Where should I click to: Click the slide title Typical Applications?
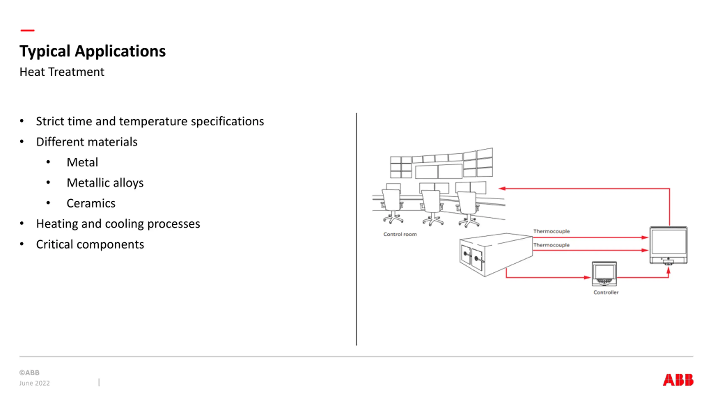pyautogui.click(x=92, y=51)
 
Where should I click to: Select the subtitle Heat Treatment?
pyautogui.click(x=62, y=72)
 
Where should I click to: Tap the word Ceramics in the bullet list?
pyautogui.click(x=91, y=203)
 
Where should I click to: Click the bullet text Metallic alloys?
pyautogui.click(x=105, y=183)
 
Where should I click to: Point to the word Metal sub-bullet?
pyautogui.click(x=82, y=162)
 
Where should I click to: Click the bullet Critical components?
pyautogui.click(x=90, y=244)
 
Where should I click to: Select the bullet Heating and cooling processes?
pyautogui.click(x=118, y=224)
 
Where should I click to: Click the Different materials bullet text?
pyautogui.click(x=87, y=142)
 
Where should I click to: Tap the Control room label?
pyautogui.click(x=400, y=234)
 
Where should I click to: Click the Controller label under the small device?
pyautogui.click(x=606, y=292)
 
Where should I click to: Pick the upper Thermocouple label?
pyautogui.click(x=551, y=231)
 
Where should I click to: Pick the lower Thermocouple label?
pyautogui.click(x=551, y=245)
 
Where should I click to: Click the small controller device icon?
pyautogui.click(x=604, y=274)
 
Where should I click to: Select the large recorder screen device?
pyautogui.click(x=668, y=245)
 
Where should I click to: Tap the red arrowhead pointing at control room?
pyautogui.click(x=502, y=189)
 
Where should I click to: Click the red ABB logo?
pyautogui.click(x=678, y=380)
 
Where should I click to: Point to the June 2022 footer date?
pyautogui.click(x=35, y=383)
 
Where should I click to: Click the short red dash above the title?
pyautogui.click(x=28, y=30)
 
